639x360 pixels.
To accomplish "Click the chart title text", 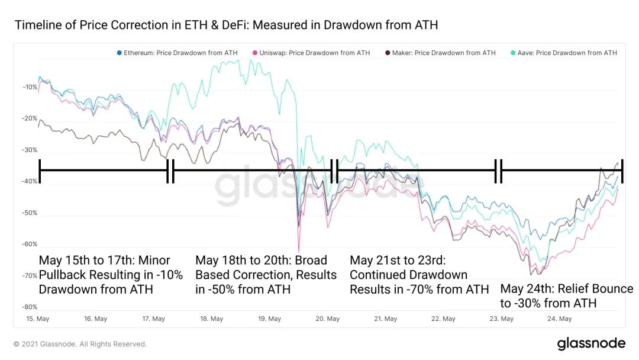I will click(x=226, y=25).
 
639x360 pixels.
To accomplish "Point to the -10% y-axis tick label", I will click(x=30, y=87).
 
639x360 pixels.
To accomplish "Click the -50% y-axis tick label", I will click(x=30, y=213).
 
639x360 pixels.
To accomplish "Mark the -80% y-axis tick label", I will click(x=30, y=307).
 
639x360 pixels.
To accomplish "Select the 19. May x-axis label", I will click(x=269, y=319).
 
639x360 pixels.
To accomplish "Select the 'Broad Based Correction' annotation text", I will click(x=266, y=275).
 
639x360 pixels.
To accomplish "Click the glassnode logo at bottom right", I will click(x=591, y=343).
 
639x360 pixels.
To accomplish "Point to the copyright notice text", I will click(x=80, y=344).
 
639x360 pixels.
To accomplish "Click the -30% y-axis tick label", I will click(x=30, y=150).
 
